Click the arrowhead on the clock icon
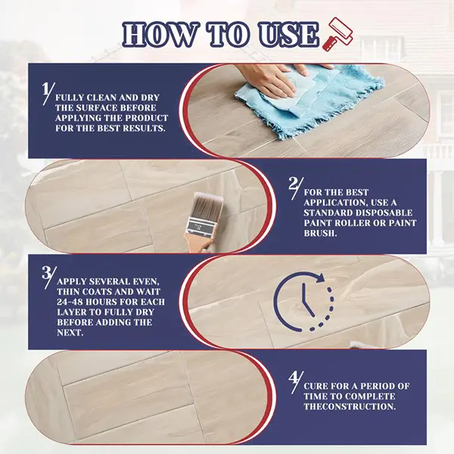[320, 278]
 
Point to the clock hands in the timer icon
[306, 300]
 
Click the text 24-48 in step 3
[69, 302]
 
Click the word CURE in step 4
[316, 386]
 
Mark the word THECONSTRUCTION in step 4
[350, 406]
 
